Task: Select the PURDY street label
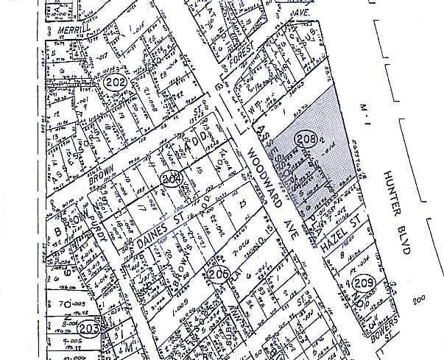point(94,230)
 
